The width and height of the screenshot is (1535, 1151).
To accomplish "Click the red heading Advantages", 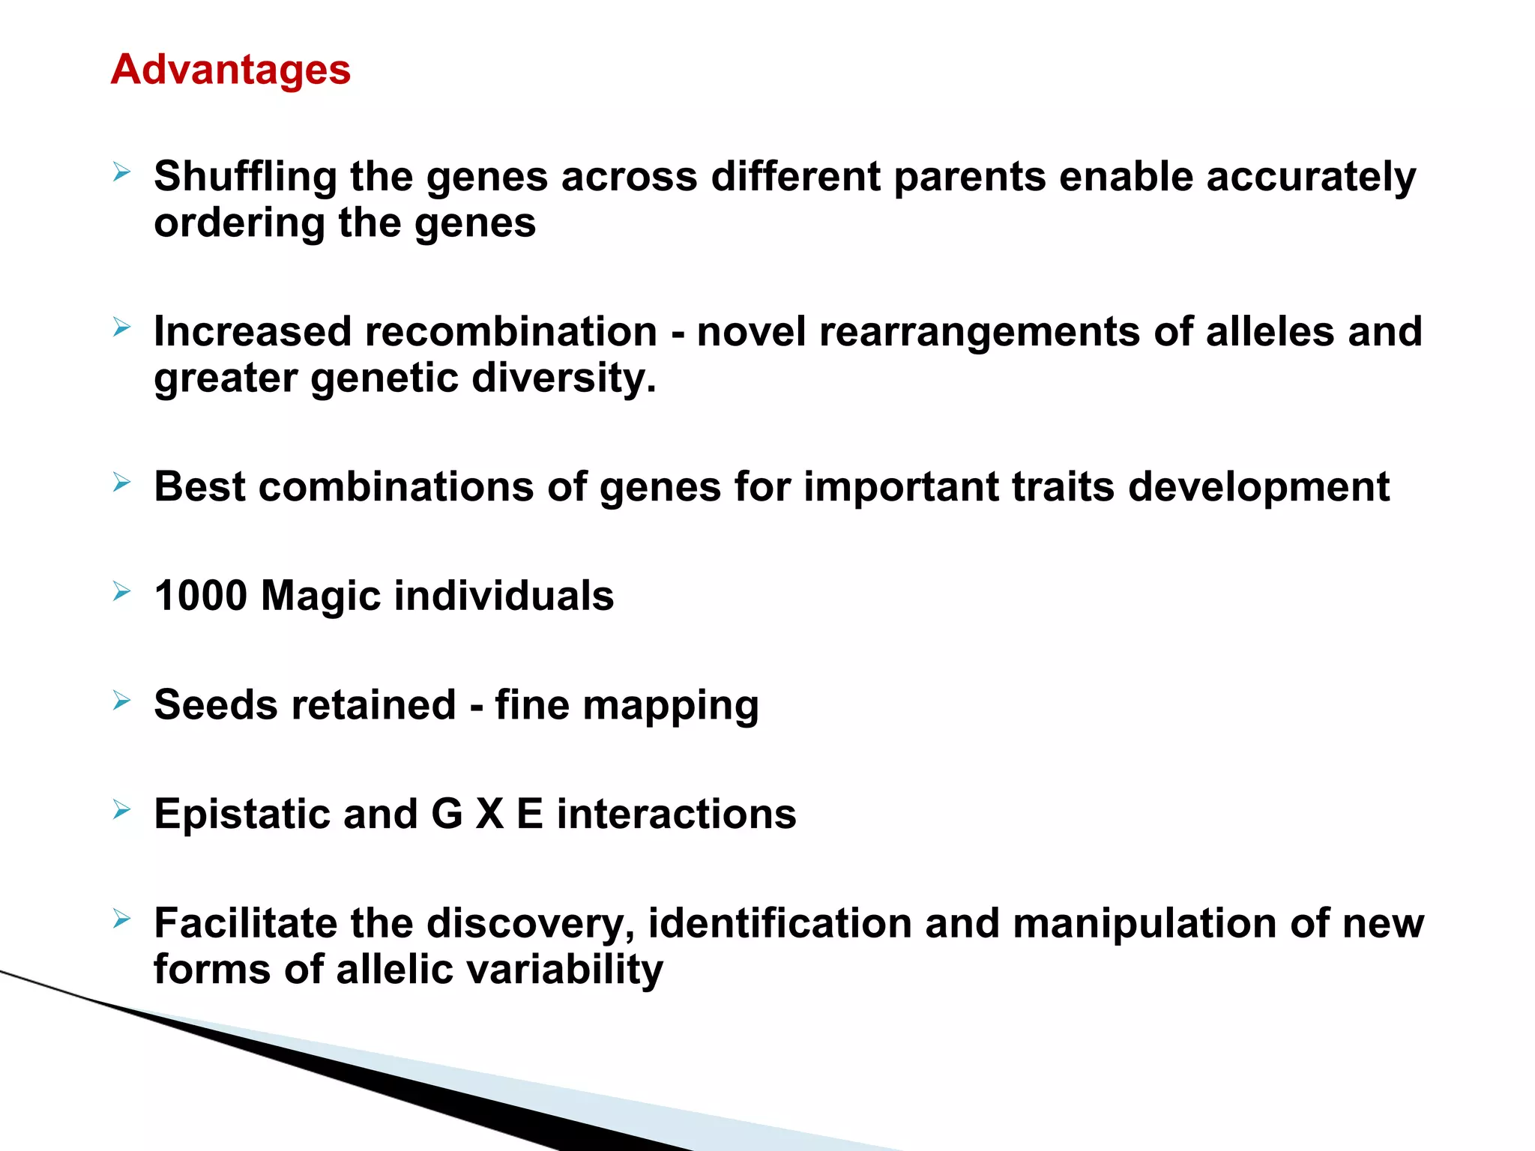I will pyautogui.click(x=230, y=70).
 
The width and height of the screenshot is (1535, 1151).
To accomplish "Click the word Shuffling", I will pyautogui.click(x=245, y=178).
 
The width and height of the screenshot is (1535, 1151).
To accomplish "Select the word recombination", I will pyautogui.click(x=510, y=331).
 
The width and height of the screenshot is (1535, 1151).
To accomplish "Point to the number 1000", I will pyautogui.click(x=200, y=596).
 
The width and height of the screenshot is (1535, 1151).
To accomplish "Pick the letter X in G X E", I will pyautogui.click(x=489, y=814).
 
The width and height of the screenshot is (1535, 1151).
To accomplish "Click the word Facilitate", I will pyautogui.click(x=245, y=923).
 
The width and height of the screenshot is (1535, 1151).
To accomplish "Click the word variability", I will pyautogui.click(x=564, y=970).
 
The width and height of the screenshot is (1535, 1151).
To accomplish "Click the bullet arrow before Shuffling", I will pyautogui.click(x=122, y=174).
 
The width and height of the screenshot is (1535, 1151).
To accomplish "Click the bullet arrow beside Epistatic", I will pyautogui.click(x=122, y=810).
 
